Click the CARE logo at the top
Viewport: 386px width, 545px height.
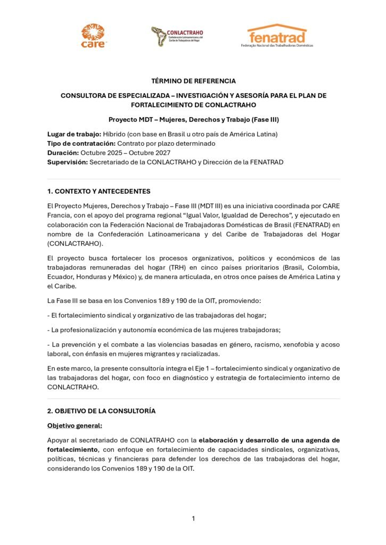(93, 36)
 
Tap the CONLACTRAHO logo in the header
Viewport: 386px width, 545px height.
(177, 36)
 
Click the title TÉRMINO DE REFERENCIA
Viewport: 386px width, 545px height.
(193, 81)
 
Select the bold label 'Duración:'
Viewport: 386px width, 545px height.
(63, 153)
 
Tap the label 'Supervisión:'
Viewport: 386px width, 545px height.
(67, 162)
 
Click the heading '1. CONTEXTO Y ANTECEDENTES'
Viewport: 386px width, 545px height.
(98, 191)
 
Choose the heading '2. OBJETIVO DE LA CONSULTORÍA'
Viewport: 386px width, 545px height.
(101, 411)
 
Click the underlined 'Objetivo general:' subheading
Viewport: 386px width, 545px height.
(75, 425)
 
